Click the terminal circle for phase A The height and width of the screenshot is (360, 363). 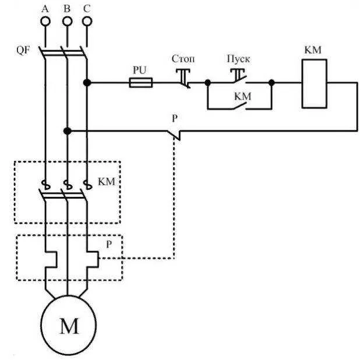click(45, 22)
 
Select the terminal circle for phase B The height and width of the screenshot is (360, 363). click(67, 22)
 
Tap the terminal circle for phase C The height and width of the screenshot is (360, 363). click(87, 22)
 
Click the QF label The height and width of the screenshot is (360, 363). click(23, 50)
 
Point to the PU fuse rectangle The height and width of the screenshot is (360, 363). click(141, 82)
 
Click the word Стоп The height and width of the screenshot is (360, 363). click(183, 59)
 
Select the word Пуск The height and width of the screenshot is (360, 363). click(238, 59)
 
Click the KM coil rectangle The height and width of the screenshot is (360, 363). click(315, 84)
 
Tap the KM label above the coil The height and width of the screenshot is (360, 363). click(313, 50)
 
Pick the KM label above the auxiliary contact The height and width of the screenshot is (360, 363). click(242, 96)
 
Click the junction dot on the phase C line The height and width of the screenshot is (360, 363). click(87, 82)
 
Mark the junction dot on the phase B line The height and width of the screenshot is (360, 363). click(68, 131)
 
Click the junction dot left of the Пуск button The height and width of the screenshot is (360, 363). click(208, 82)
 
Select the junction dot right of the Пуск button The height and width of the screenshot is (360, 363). click(272, 82)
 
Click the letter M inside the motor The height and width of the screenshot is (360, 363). click(69, 326)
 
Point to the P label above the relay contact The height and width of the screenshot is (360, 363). click(175, 118)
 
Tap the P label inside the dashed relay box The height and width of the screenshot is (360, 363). click(109, 244)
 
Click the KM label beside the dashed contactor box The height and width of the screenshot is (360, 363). click(107, 182)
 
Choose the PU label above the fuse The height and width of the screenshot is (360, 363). click(140, 70)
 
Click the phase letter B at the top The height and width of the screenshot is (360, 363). click(67, 9)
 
